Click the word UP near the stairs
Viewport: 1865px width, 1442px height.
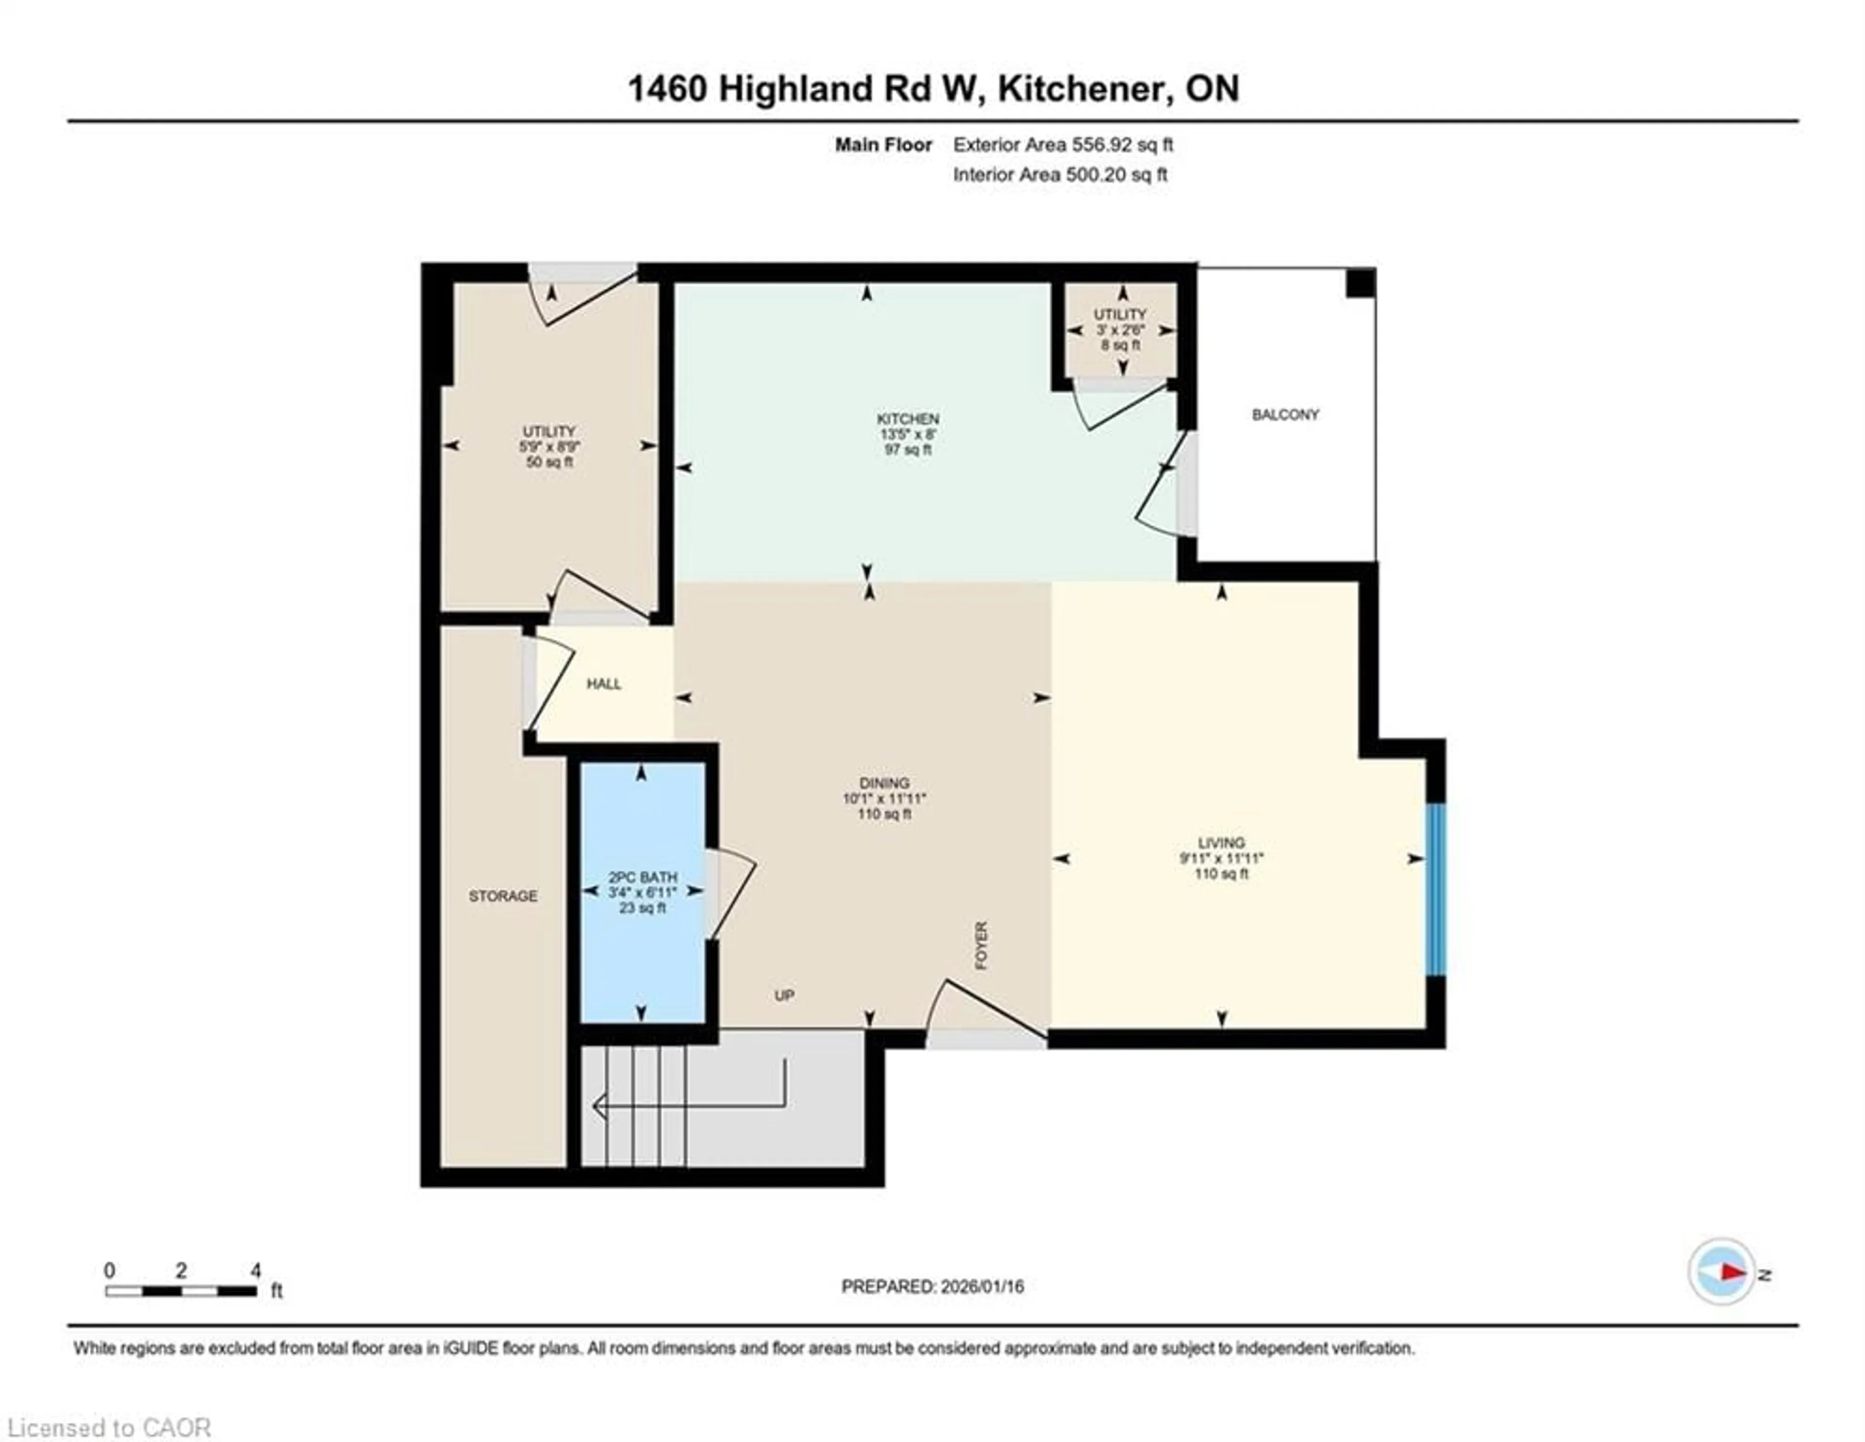tap(784, 995)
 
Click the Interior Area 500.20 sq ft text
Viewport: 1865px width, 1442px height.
tap(1060, 175)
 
